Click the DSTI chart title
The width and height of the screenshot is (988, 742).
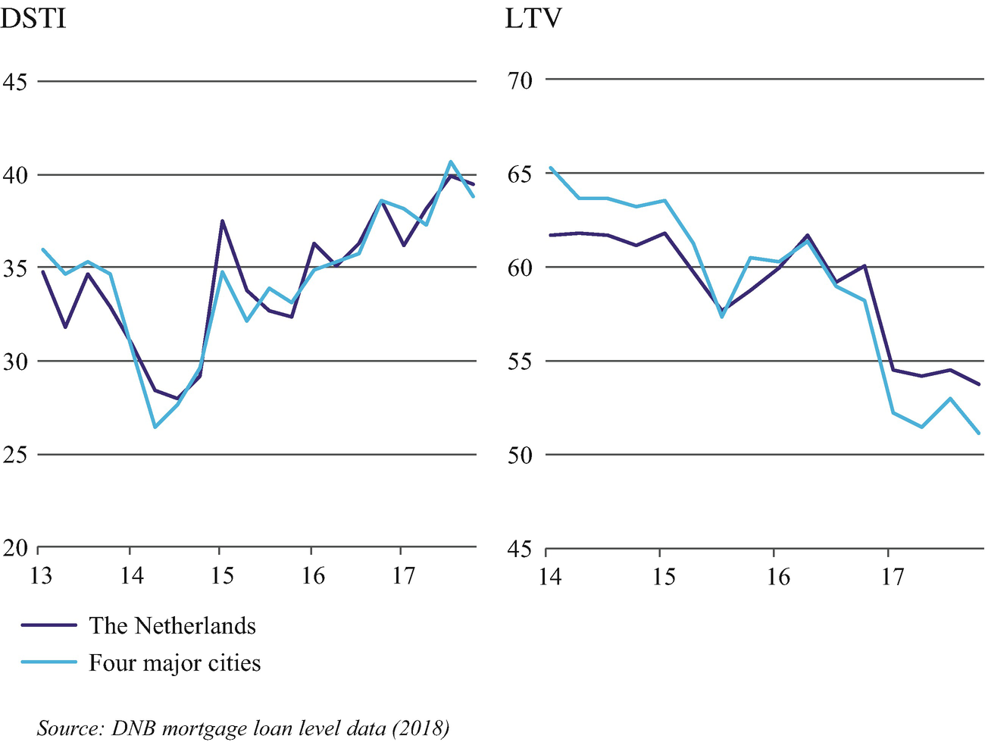point(33,17)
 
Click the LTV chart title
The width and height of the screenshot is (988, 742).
point(533,17)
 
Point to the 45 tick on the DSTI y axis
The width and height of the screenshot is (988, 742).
point(14,82)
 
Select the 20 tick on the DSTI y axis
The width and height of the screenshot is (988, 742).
point(14,547)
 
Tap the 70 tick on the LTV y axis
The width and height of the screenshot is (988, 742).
point(520,80)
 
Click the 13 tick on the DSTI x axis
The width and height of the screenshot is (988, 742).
point(39,576)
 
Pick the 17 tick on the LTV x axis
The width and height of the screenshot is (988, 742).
point(891,578)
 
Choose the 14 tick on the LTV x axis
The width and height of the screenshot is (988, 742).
point(549,578)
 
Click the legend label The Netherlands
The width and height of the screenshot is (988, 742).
point(172,626)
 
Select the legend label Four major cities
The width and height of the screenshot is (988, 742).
point(174,663)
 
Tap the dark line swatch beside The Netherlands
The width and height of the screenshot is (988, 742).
point(49,626)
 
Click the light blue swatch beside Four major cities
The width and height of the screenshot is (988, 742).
point(49,663)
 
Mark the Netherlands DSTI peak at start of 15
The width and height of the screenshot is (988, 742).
point(222,221)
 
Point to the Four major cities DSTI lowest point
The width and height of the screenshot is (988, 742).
point(155,427)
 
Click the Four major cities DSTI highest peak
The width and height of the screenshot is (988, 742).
point(451,161)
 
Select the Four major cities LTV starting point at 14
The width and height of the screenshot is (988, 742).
point(550,167)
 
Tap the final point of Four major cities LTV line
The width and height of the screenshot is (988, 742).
point(980,434)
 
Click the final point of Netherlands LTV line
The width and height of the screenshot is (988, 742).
point(980,384)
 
